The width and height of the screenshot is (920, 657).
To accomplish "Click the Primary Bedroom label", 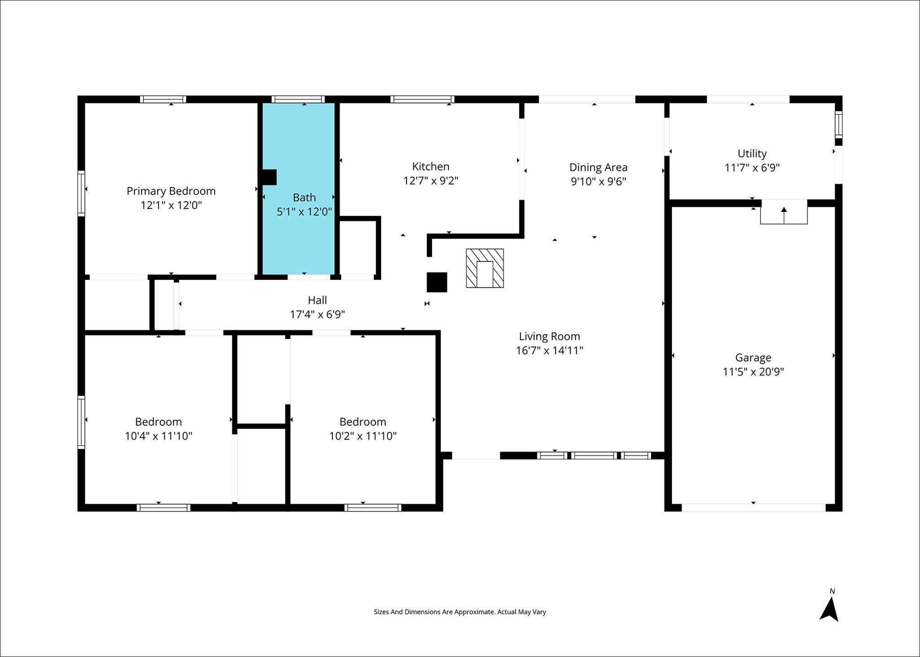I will coord(171,191).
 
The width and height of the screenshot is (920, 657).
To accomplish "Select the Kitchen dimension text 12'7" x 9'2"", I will coord(430,181).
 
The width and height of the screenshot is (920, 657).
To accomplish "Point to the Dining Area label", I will coord(598,168).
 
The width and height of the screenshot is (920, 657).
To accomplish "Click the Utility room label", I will coord(752,154).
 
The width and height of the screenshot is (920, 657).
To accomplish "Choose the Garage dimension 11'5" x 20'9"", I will coord(753,372).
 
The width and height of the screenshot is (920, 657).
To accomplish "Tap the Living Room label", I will coord(549,336).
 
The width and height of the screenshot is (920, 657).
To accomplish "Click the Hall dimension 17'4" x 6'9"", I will coord(317,314).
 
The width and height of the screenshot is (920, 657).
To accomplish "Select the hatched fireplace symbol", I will coord(485,268).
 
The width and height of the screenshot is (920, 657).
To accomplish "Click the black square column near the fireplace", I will coord(437,282).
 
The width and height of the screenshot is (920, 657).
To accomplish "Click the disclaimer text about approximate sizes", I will coord(460,612).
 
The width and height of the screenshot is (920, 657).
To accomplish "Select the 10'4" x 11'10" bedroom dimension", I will coord(158,436).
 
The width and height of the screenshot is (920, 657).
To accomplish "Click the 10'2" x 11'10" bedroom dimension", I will coord(363,436).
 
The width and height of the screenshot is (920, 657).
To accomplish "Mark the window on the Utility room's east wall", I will coord(838,124).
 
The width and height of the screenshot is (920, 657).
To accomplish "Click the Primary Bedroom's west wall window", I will coord(81,193).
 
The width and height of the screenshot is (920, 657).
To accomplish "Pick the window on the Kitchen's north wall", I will coord(422,99).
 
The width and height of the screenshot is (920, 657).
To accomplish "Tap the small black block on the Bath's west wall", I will coord(269,177).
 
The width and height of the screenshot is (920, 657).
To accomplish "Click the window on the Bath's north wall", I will coord(298,99).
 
